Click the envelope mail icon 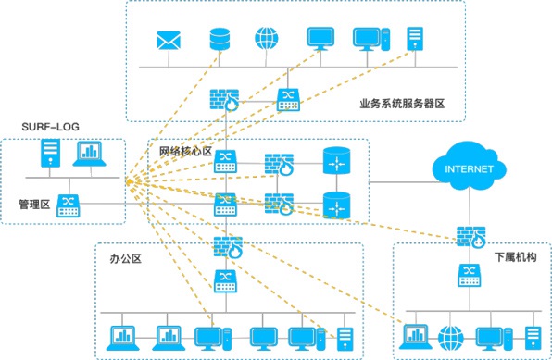pyautogui.click(x=168, y=41)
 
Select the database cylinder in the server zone pyautogui.click(x=220, y=40)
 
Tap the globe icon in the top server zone pyautogui.click(x=268, y=40)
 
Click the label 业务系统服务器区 pyautogui.click(x=403, y=105)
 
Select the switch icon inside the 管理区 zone pyautogui.click(x=69, y=205)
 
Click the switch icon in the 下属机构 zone pyautogui.click(x=469, y=275)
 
